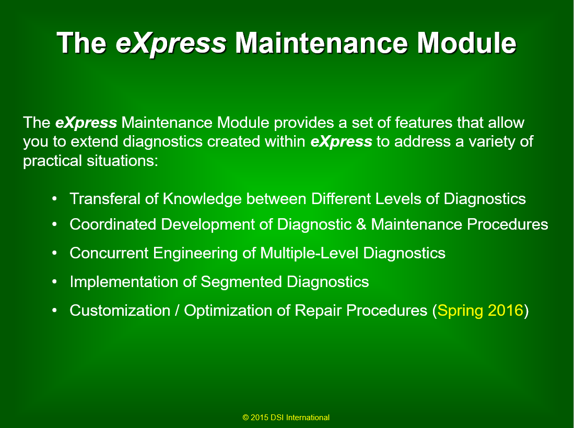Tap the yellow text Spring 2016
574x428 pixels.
tap(481, 311)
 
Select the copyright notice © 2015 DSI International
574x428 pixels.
tap(286, 418)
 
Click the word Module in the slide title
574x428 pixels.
tap(467, 43)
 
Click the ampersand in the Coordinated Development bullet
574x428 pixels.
tap(361, 224)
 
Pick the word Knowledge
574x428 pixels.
tap(203, 199)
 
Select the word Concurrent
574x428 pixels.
tap(109, 253)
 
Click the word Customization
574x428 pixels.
tap(120, 311)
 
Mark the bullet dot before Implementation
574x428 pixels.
tap(54, 282)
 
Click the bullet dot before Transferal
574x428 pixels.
tap(54, 199)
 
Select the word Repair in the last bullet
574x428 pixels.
tap(318, 311)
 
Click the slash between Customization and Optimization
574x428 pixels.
tap(177, 311)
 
